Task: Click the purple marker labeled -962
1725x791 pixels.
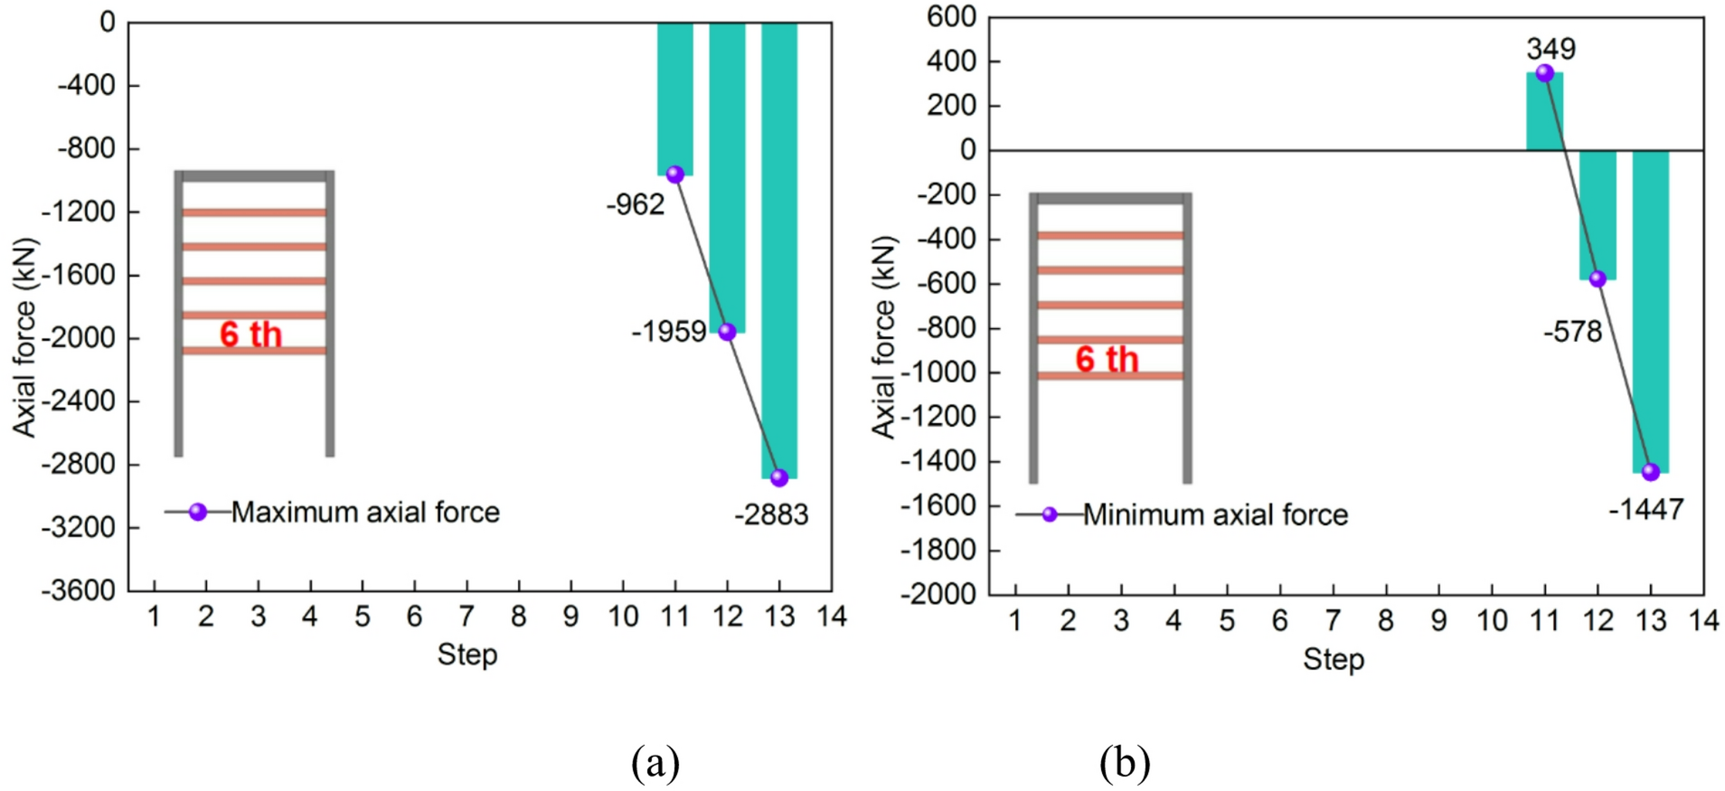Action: (674, 174)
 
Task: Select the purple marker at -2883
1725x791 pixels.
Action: (779, 477)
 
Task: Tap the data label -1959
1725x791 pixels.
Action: (669, 333)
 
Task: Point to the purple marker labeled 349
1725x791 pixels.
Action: (1545, 73)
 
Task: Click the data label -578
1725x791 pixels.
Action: (1572, 333)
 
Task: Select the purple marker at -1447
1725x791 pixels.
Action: (1651, 472)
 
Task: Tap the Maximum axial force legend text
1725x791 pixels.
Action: (365, 513)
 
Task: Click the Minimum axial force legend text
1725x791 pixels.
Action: (1215, 515)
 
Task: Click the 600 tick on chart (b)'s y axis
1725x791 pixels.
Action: (951, 17)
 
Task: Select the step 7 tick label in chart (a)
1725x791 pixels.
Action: (467, 617)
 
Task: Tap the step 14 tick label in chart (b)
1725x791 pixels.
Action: (1703, 620)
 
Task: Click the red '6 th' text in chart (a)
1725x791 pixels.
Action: (250, 335)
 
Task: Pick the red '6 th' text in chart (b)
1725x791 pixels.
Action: (1107, 360)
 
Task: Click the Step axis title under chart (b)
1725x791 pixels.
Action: (1334, 660)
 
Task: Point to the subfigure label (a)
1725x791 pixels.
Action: (655, 763)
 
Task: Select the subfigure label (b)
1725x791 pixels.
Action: (1124, 763)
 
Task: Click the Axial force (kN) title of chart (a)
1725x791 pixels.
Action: (24, 337)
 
